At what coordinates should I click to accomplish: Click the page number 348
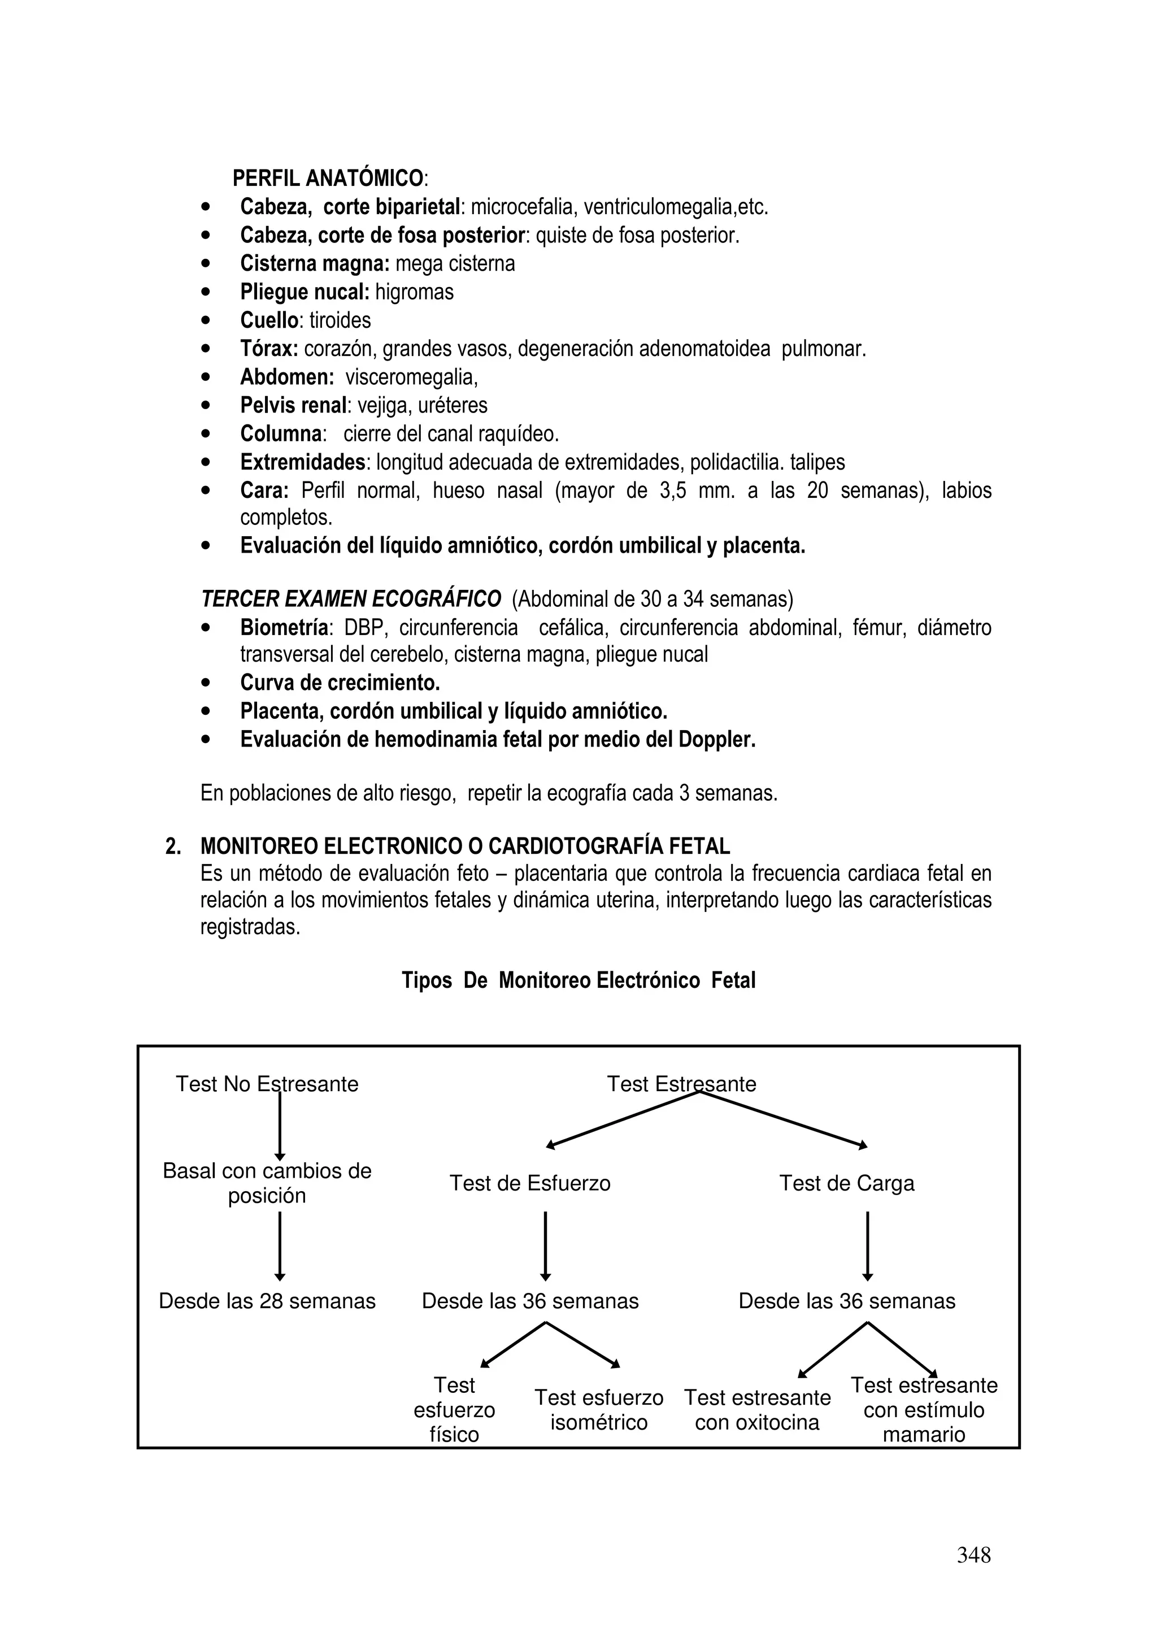[x=973, y=1555]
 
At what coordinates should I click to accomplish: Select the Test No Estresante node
[x=267, y=1084]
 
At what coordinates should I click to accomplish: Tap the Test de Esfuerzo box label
[x=530, y=1184]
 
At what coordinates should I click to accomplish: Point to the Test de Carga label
[x=846, y=1184]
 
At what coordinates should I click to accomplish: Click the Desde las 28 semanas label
[x=267, y=1301]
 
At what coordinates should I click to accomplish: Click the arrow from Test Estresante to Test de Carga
[x=784, y=1120]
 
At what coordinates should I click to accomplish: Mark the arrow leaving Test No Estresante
[x=280, y=1127]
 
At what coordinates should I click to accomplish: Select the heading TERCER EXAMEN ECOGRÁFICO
[x=351, y=599]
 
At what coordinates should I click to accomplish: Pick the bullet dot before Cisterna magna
[x=206, y=264]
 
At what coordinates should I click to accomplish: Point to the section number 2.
[x=172, y=847]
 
